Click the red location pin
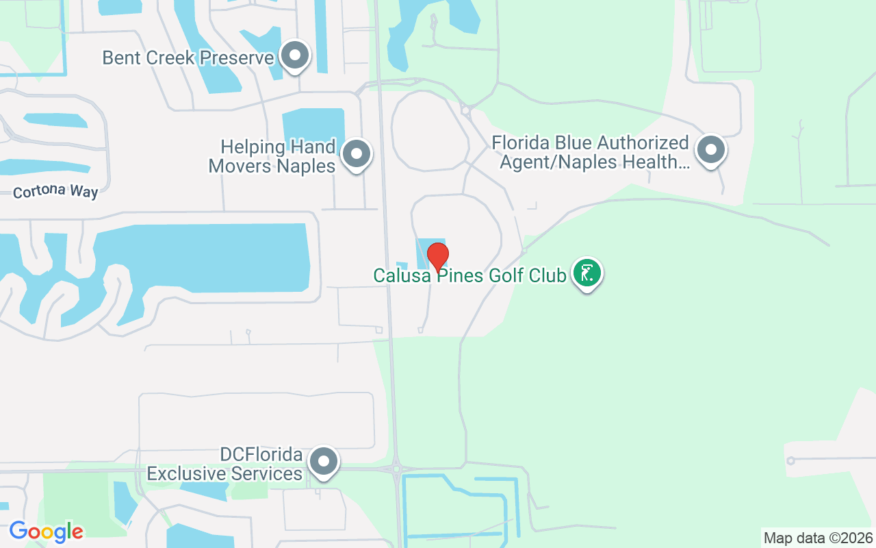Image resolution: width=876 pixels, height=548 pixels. click(438, 256)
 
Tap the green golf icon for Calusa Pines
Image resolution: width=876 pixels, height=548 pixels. click(587, 273)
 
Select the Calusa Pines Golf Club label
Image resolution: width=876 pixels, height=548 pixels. click(469, 275)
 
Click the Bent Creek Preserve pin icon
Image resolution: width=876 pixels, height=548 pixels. click(296, 55)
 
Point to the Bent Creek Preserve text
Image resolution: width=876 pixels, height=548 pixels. click(188, 57)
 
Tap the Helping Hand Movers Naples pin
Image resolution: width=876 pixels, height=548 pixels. click(356, 154)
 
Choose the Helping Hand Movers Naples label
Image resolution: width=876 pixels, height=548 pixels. click(272, 156)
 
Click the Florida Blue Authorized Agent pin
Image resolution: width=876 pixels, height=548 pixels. click(711, 149)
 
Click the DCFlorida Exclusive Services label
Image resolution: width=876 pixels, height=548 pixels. click(225, 464)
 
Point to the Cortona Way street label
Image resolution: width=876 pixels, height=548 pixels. click(55, 191)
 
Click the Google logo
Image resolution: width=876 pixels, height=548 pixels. click(46, 531)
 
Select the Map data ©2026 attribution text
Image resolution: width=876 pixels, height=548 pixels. click(818, 538)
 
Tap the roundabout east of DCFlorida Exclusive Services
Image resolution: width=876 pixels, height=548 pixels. click(396, 469)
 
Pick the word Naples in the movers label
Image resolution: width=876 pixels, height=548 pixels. click(305, 165)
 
